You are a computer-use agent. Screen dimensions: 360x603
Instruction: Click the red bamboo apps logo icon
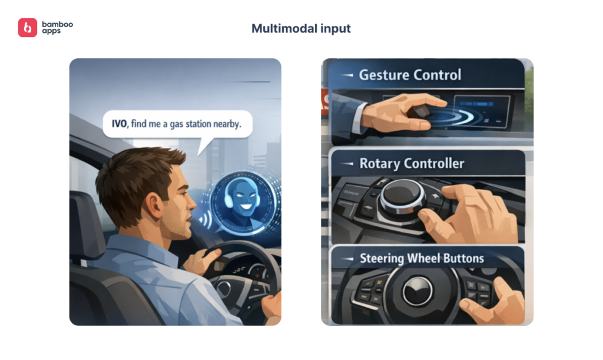[x=28, y=27]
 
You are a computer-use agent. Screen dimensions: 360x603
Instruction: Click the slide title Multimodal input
[x=301, y=28]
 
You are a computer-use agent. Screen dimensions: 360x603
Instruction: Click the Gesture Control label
[x=410, y=75]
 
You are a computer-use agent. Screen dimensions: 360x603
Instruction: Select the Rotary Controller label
[x=412, y=163]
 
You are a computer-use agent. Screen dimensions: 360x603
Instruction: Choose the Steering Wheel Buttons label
[x=422, y=258]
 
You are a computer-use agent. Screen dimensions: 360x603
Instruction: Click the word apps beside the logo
[x=51, y=31]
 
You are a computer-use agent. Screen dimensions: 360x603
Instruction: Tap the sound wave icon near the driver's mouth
[x=205, y=220]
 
